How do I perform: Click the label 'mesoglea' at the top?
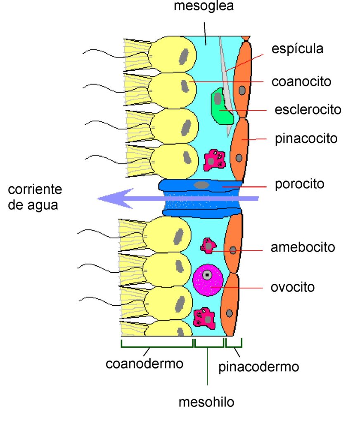(204, 7)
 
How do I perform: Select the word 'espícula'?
(297, 49)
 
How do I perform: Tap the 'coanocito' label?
(301, 81)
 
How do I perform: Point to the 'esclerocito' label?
(308, 110)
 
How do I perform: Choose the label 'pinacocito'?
(306, 138)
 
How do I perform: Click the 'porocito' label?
(299, 184)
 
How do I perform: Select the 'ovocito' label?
(292, 287)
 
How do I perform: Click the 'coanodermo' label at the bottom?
(144, 364)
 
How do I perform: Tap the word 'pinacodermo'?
(258, 367)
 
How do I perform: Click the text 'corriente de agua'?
(35, 197)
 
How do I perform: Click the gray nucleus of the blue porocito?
(201, 185)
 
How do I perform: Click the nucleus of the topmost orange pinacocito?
(242, 90)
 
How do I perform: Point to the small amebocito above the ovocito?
(208, 246)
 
